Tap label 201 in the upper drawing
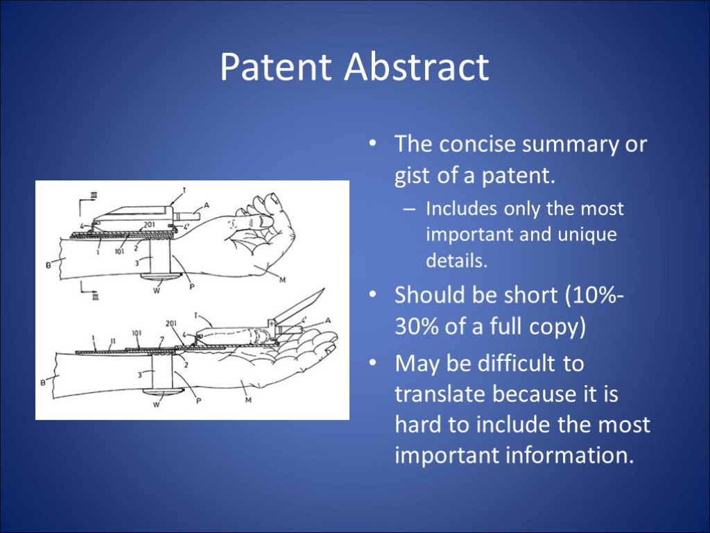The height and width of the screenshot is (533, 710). tap(148, 225)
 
